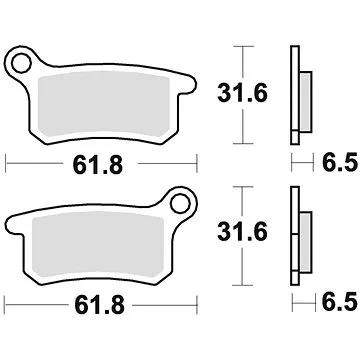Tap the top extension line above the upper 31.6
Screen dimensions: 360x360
240,46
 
